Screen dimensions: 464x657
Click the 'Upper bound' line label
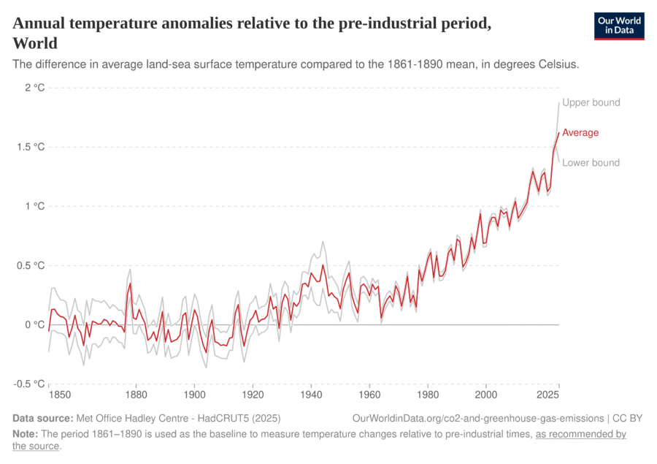click(x=591, y=102)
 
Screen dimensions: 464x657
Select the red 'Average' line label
click(x=580, y=133)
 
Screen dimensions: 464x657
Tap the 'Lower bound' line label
click(x=591, y=163)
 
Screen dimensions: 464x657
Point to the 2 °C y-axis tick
click(x=34, y=88)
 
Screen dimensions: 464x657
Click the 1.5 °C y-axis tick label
click(x=31, y=147)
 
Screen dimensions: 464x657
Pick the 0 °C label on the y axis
click(x=34, y=324)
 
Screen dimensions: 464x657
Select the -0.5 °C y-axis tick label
click(x=29, y=384)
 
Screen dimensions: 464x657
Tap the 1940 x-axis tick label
click(x=311, y=395)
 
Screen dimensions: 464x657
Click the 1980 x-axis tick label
click(x=428, y=395)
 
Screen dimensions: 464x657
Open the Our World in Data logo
click(x=619, y=26)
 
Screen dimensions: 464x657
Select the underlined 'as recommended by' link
click(x=581, y=434)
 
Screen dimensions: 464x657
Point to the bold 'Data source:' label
click(x=43, y=419)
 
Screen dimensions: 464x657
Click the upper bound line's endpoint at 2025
click(x=559, y=102)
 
